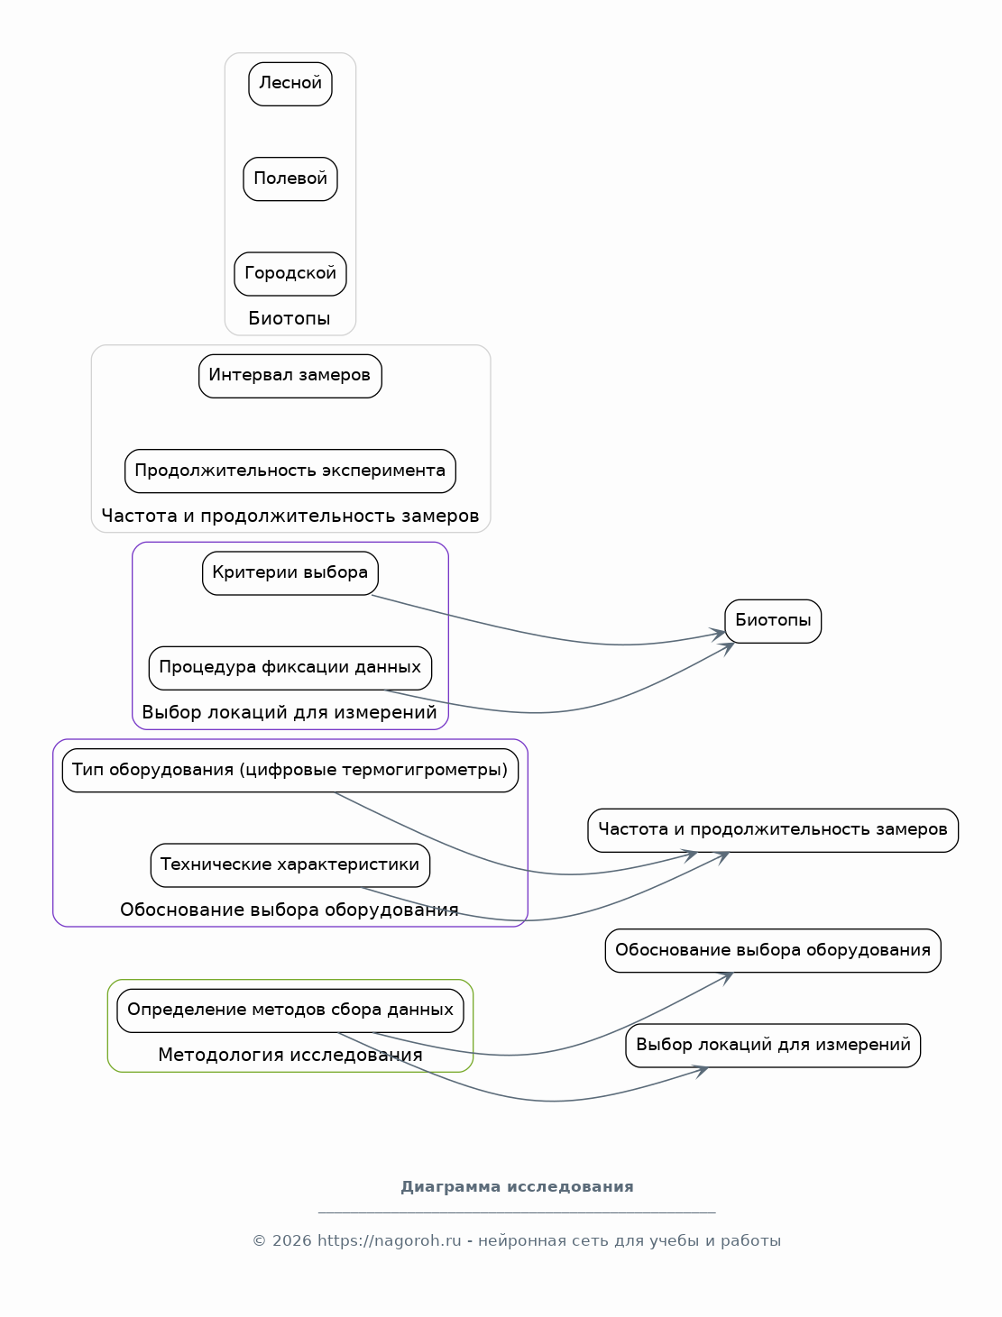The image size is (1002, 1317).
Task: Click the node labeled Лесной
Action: (x=290, y=84)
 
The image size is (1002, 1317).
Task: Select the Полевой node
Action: (x=290, y=178)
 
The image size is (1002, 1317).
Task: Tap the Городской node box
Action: (x=290, y=274)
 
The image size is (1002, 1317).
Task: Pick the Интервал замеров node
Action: (x=290, y=376)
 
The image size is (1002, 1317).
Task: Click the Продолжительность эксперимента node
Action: (x=290, y=471)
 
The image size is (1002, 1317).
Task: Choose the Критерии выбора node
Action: (x=290, y=573)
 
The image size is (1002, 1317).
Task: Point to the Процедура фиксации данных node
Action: (x=290, y=668)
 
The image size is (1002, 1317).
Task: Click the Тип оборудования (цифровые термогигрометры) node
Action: (x=290, y=771)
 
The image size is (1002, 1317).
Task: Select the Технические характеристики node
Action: (x=290, y=865)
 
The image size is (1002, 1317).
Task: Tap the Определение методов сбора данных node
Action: (x=290, y=1011)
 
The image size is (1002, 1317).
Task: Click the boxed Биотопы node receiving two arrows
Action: (x=773, y=621)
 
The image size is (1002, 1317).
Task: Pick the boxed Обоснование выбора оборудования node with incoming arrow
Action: (x=773, y=950)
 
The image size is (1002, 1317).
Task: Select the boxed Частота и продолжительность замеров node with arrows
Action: (x=773, y=830)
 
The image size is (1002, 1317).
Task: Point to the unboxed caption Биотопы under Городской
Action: (x=290, y=318)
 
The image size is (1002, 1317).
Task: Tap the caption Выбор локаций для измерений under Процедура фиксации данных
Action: (x=290, y=712)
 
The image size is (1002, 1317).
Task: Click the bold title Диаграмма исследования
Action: (x=517, y=1187)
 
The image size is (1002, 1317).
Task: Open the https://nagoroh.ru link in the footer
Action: (x=389, y=1240)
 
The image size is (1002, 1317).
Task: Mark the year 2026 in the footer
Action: (x=292, y=1240)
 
